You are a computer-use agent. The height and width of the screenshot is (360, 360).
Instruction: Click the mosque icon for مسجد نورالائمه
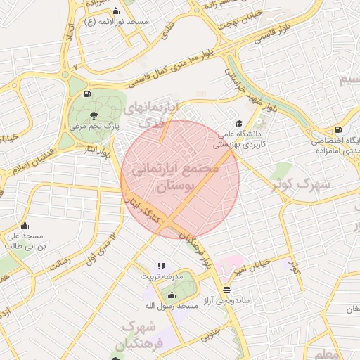(x=115, y=11)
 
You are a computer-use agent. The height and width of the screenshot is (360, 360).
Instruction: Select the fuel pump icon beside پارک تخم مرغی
(x=87, y=94)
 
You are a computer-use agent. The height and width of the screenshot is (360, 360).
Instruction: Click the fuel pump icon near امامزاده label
(x=339, y=129)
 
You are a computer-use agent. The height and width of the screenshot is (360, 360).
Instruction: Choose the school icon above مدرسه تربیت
(x=161, y=266)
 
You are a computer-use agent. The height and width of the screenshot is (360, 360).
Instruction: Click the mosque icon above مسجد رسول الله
(x=172, y=295)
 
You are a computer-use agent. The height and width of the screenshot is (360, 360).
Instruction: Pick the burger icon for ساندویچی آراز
(x=226, y=290)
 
